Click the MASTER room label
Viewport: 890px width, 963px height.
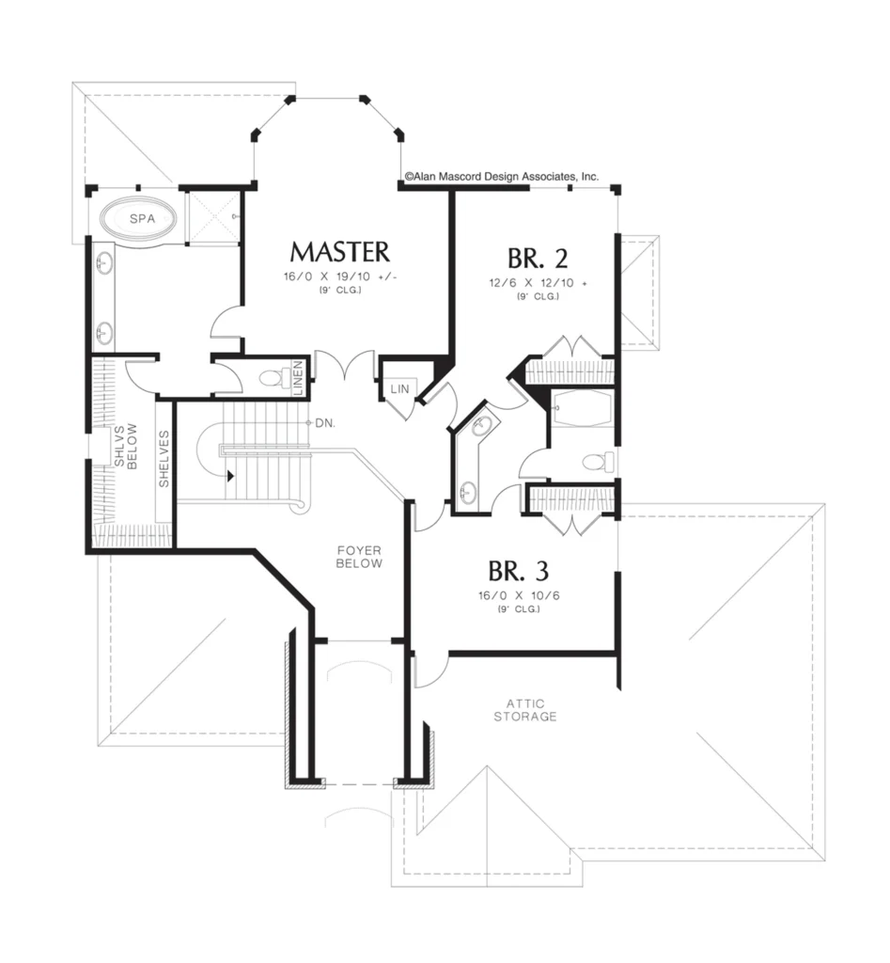pyautogui.click(x=339, y=252)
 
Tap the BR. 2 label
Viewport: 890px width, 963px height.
pyautogui.click(x=538, y=258)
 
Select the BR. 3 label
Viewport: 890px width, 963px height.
pyautogui.click(x=519, y=571)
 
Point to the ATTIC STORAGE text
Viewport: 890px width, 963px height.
pyautogui.click(x=525, y=710)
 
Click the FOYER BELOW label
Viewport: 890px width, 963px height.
pyautogui.click(x=359, y=557)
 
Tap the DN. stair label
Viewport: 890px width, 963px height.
pyautogui.click(x=325, y=423)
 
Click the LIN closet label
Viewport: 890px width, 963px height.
pyautogui.click(x=399, y=388)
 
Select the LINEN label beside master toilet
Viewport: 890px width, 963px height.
pyautogui.click(x=298, y=378)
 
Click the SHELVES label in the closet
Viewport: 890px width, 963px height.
pyautogui.click(x=164, y=459)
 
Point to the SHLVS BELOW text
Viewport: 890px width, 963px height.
pyautogui.click(x=127, y=447)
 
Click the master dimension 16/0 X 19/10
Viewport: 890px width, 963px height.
pyautogui.click(x=340, y=277)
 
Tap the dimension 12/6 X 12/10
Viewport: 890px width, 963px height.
pyautogui.click(x=538, y=283)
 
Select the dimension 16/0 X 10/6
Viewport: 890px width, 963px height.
pyautogui.click(x=519, y=595)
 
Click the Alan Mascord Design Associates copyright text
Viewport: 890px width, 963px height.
pyautogui.click(x=502, y=176)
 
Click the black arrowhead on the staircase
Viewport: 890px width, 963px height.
pyautogui.click(x=231, y=475)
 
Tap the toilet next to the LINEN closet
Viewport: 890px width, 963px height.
pyautogui.click(x=275, y=377)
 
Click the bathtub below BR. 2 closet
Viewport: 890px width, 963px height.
pyautogui.click(x=581, y=408)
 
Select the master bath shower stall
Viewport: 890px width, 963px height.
pyautogui.click(x=211, y=217)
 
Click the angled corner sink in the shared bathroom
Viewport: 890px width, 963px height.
pyautogui.click(x=482, y=424)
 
